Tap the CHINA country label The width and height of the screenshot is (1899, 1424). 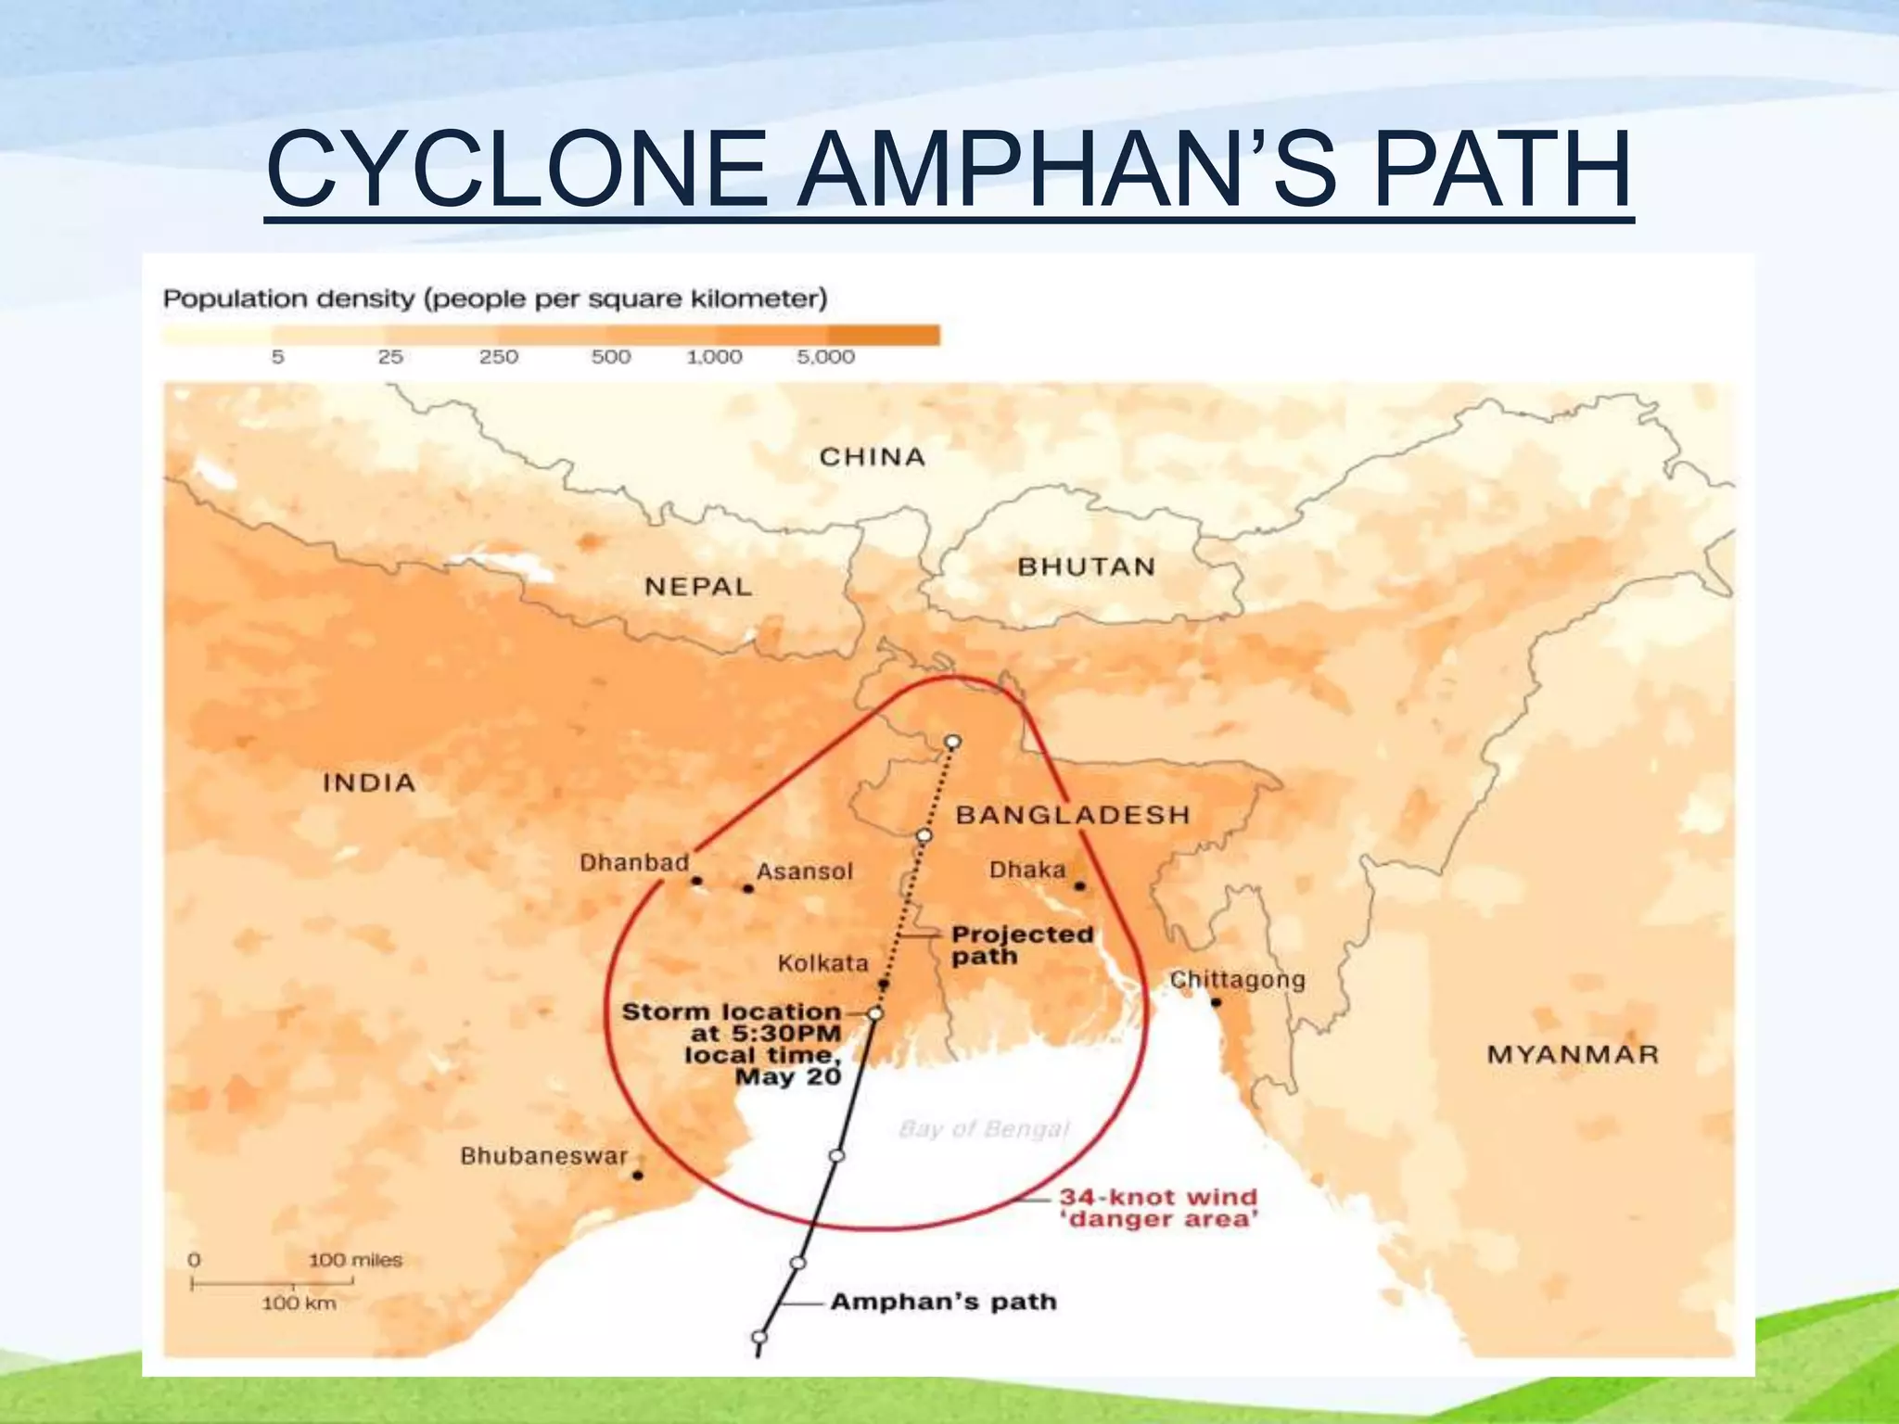(x=872, y=457)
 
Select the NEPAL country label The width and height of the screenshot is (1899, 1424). (x=698, y=587)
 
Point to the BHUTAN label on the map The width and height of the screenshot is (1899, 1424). (x=1087, y=566)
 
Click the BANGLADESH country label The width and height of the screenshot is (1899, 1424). (x=1073, y=815)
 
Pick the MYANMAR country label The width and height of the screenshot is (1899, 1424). (x=1573, y=1054)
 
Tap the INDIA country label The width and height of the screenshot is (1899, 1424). (x=369, y=782)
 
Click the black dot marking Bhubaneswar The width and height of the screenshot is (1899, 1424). (x=638, y=1176)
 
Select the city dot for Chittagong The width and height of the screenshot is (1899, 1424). (x=1216, y=1002)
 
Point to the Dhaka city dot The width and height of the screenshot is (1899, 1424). (x=1079, y=886)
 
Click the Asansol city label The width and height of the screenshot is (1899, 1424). (x=805, y=871)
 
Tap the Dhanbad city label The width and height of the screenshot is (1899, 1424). (x=634, y=863)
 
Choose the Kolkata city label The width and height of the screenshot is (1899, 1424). (x=823, y=964)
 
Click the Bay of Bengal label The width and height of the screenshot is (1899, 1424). (x=984, y=1129)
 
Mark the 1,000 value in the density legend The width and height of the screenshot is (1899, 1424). (x=714, y=357)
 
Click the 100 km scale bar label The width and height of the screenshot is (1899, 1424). (x=299, y=1303)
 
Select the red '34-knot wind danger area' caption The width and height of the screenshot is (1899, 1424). (x=1159, y=1208)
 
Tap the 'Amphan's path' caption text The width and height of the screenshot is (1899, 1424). (x=943, y=1302)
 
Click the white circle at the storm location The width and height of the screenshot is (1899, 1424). (x=874, y=1014)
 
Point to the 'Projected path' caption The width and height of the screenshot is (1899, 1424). (x=1022, y=945)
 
